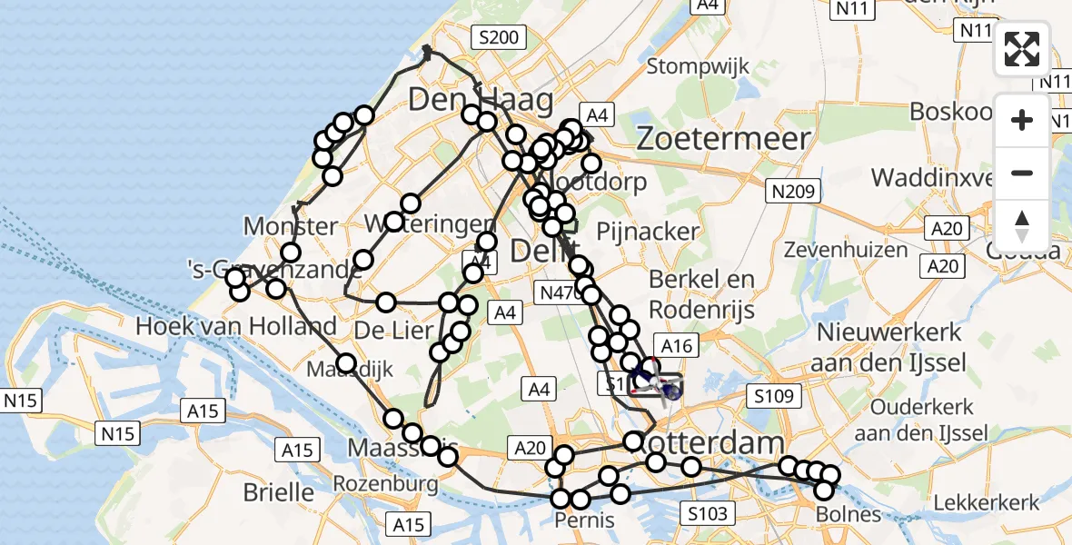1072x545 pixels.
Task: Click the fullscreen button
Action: click(1022, 49)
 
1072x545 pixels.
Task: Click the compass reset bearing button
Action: click(1022, 226)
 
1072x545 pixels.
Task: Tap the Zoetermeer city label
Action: click(723, 139)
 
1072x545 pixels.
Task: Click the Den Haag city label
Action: click(481, 99)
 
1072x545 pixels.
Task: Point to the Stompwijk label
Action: click(698, 66)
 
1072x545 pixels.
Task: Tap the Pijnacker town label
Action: click(648, 232)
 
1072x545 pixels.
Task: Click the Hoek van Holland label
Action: click(235, 326)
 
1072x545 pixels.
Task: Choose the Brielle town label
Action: click(278, 492)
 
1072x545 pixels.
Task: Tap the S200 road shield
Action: click(499, 37)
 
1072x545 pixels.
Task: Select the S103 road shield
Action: click(707, 515)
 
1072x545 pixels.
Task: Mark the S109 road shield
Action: click(771, 396)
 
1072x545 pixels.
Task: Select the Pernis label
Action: click(583, 520)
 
